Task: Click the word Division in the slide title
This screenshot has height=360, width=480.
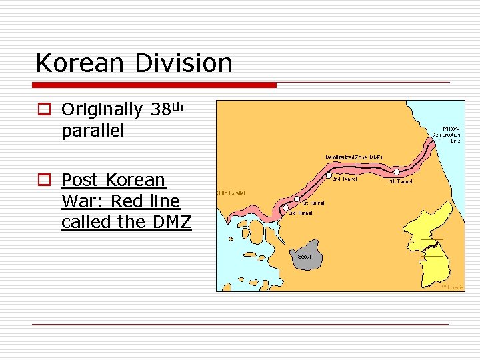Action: pyautogui.click(x=183, y=63)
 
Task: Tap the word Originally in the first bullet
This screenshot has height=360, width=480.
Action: pyautogui.click(x=101, y=109)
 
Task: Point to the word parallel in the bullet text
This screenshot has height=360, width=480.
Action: pyautogui.click(x=93, y=131)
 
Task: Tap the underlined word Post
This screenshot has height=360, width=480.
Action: pyautogui.click(x=80, y=180)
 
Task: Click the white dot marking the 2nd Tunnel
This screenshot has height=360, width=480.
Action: pyautogui.click(x=329, y=175)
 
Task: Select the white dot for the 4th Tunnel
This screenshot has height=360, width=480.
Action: pyautogui.click(x=397, y=172)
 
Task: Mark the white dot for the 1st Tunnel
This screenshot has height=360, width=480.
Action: pyautogui.click(x=297, y=199)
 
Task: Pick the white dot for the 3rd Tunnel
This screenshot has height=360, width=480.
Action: pyautogui.click(x=285, y=209)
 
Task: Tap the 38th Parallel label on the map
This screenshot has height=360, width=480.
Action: pyautogui.click(x=231, y=193)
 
